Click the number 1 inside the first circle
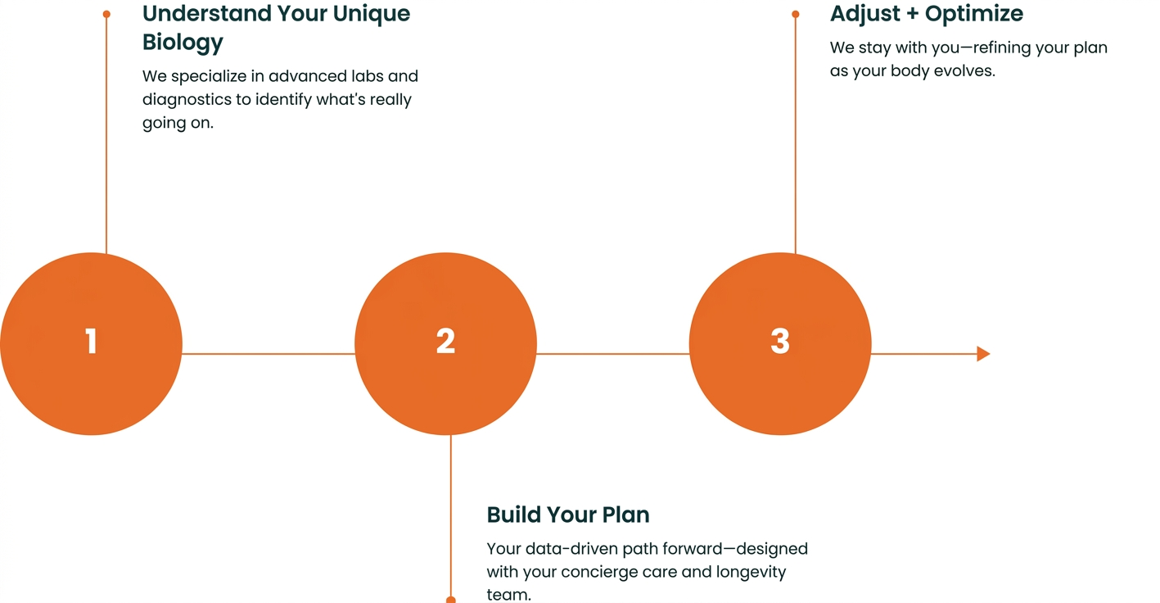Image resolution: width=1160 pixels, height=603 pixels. [x=91, y=341]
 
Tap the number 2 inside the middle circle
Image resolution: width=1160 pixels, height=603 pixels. [x=445, y=341]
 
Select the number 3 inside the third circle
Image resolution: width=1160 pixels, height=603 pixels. [x=780, y=341]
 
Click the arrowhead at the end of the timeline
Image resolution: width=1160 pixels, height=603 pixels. [x=983, y=354]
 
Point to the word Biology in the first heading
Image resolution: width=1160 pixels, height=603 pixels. [x=183, y=42]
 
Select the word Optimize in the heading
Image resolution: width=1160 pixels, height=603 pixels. [x=974, y=13]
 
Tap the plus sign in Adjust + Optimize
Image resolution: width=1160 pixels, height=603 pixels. [x=912, y=14]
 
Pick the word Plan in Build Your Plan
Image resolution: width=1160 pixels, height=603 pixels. [x=625, y=515]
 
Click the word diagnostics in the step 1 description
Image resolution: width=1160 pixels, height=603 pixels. [x=186, y=100]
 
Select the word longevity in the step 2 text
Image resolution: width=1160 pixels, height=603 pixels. [x=751, y=572]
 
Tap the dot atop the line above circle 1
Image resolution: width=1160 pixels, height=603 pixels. [x=106, y=14]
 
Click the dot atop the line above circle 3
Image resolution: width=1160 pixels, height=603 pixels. [x=796, y=14]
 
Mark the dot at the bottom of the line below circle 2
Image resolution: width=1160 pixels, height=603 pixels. [x=450, y=600]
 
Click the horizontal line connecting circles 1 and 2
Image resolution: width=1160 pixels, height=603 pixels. [x=268, y=354]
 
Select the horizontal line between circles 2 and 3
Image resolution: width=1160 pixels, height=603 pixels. [x=612, y=354]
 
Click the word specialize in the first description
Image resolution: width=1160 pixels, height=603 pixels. [x=217, y=76]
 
